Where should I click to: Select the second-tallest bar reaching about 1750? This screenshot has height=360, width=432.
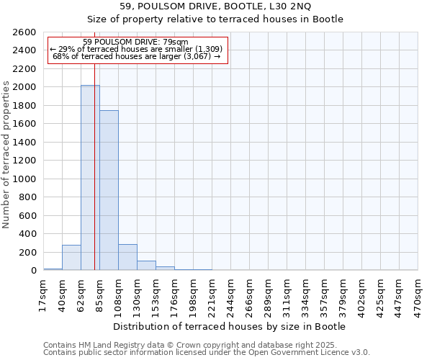[x=109, y=190]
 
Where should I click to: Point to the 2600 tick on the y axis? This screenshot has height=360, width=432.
[x=25, y=32]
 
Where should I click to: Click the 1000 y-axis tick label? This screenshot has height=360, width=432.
[x=25, y=179]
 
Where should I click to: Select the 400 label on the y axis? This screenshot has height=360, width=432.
[x=28, y=234]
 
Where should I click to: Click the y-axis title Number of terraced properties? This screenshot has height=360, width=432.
[x=7, y=155]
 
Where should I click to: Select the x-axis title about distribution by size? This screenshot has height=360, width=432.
[x=230, y=326]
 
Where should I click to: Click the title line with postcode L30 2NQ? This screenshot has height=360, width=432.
[x=216, y=6]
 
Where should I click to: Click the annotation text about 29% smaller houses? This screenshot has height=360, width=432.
[x=136, y=49]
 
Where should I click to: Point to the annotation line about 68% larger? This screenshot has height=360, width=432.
[x=136, y=56]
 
